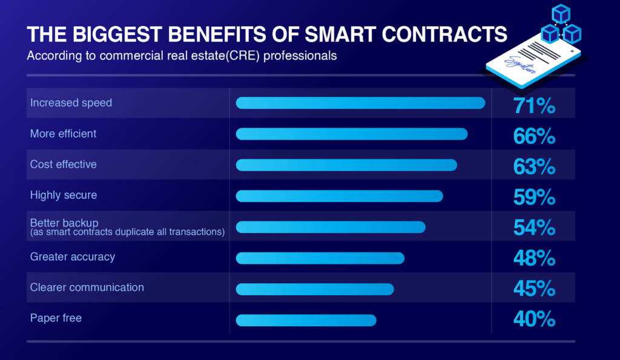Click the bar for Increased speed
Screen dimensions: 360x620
tap(360, 103)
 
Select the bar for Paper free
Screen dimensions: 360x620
tap(306, 320)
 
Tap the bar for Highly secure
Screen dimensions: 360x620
tap(339, 196)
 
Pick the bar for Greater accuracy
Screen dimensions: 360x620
tap(320, 258)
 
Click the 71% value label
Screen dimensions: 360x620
tap(534, 106)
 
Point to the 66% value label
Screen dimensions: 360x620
tap(534, 137)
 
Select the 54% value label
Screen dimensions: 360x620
tap(534, 228)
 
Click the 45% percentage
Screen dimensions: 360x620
tap(534, 289)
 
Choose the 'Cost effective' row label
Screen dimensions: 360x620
tap(64, 165)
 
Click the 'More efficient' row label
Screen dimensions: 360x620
tap(64, 134)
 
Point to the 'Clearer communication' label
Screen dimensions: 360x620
tap(87, 287)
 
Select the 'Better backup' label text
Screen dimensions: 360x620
tap(64, 223)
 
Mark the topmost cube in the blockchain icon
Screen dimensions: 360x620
tap(561, 13)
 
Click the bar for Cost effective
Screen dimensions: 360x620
tap(346, 165)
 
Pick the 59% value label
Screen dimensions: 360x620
tap(534, 198)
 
